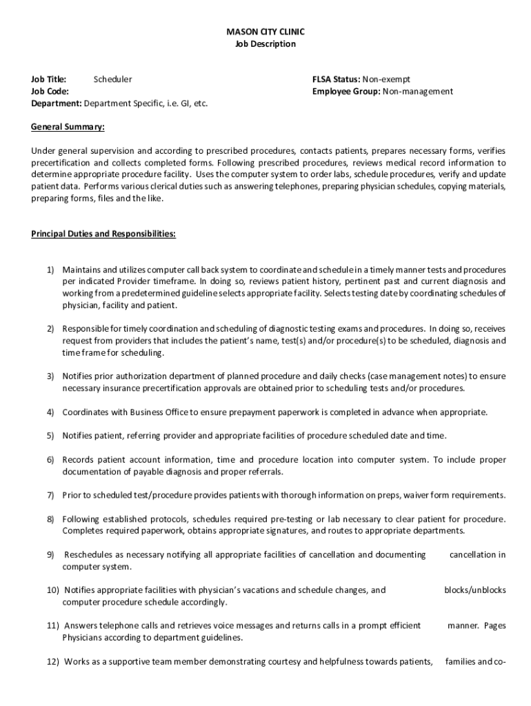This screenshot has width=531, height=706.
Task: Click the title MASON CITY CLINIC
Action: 265,32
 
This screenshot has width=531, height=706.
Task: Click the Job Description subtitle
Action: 265,44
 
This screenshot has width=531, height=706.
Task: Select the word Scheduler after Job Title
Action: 112,79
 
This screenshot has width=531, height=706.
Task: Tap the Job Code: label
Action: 50,91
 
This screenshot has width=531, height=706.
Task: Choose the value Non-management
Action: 418,91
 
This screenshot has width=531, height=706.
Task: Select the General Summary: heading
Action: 68,127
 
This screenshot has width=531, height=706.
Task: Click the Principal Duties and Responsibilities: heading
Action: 103,234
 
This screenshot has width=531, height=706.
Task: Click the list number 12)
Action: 54,662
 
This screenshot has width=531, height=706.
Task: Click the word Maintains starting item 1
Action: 81,270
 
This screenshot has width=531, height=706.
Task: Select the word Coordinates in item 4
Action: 86,412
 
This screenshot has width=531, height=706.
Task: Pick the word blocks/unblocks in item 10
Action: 474,590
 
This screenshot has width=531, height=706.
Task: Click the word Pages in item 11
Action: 494,626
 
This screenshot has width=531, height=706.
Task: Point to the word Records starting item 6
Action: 78,459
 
